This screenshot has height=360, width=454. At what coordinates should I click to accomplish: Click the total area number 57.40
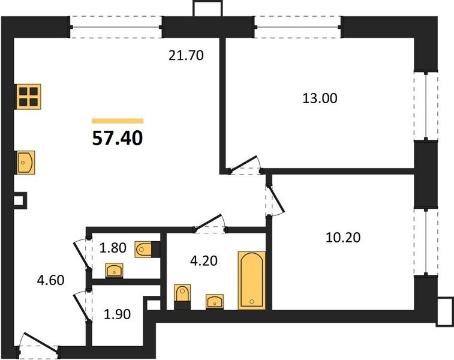118,138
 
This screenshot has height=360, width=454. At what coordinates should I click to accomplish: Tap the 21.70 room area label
186,55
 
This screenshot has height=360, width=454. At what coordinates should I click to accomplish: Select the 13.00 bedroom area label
320,98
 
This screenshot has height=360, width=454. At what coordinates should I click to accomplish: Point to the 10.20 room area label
343,238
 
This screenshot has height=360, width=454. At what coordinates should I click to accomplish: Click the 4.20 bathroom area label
204,260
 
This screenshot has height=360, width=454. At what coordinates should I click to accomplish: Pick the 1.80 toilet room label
113,248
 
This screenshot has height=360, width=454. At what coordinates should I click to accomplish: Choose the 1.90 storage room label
118,314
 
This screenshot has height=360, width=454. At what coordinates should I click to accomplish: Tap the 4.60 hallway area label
51,280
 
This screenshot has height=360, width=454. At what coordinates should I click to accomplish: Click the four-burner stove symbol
28,97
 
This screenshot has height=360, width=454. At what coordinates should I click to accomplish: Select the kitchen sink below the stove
25,163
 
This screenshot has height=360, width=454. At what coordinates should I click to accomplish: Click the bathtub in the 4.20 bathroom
252,280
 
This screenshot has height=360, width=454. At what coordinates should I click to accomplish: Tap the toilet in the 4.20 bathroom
183,297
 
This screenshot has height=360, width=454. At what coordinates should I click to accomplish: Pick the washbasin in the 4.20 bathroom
215,302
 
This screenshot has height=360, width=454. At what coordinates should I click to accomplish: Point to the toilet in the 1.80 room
147,249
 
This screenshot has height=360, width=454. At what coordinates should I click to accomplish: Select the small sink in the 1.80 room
114,271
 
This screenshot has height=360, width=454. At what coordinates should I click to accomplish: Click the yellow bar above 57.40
118,121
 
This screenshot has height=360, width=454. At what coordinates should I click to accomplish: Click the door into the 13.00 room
245,165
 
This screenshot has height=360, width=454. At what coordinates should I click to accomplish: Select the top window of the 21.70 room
116,27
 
